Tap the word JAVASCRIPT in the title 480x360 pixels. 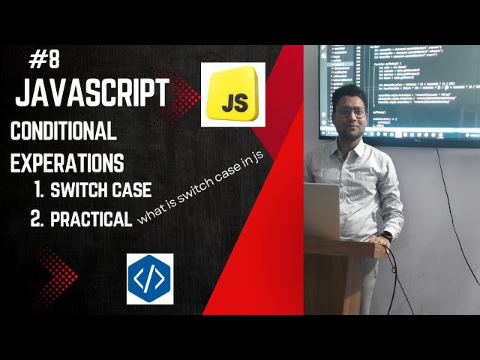tap(91, 94)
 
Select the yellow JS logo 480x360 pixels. tap(232, 94)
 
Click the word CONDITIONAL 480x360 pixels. tap(64, 133)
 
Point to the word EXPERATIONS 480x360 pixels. tap(67, 162)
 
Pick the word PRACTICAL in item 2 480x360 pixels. tap(92, 218)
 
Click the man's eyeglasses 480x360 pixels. tap(350, 112)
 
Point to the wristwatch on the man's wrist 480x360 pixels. tap(385, 236)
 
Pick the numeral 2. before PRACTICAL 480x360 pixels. tap(37, 218)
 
